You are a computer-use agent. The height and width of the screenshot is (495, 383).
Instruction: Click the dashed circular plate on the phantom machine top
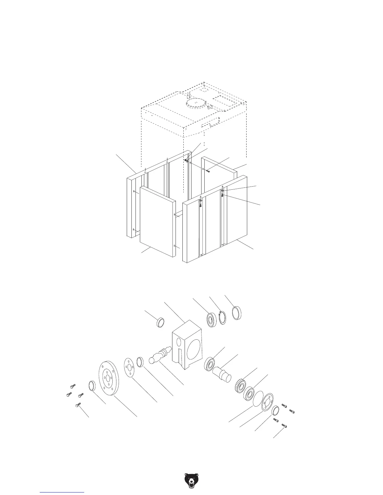point(195,103)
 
